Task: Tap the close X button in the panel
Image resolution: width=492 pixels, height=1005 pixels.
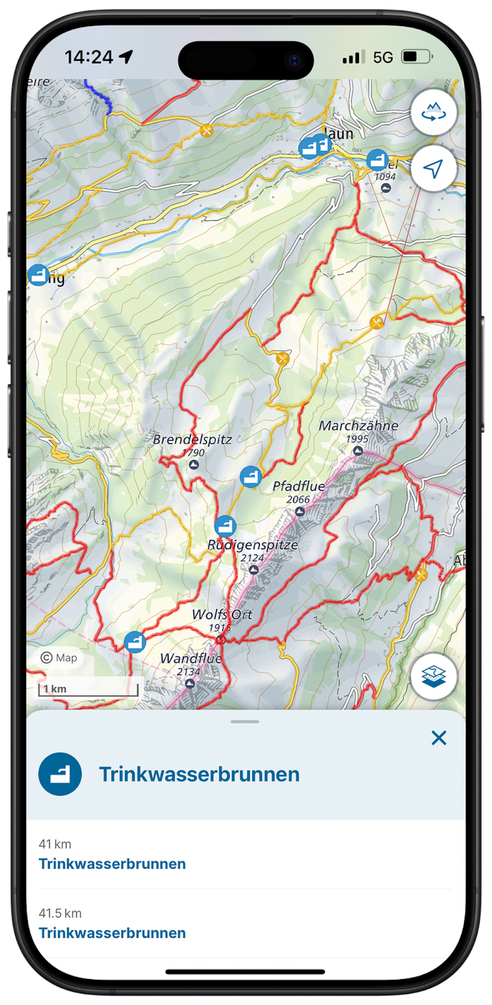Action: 439,738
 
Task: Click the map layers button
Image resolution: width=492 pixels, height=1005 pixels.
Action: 433,677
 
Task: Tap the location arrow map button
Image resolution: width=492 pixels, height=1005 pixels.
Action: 433,169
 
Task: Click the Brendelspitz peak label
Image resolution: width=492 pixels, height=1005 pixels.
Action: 192,439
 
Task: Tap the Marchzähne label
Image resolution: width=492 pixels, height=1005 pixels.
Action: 358,425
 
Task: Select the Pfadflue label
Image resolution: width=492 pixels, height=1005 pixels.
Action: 298,486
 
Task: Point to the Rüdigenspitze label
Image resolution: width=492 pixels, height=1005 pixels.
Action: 252,545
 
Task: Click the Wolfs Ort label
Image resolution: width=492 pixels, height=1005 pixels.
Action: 222,614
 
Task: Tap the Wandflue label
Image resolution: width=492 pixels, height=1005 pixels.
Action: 191,658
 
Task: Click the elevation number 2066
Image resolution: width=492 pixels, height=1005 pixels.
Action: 298,499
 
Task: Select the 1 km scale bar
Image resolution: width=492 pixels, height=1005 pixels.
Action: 88,689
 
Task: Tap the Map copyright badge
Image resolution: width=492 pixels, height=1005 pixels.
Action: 59,657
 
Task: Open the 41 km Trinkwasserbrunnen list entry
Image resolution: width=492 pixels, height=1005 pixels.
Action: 112,864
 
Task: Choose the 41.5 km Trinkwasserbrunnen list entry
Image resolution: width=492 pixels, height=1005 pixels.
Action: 112,933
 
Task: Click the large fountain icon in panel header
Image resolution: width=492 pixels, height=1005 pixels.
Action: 60,774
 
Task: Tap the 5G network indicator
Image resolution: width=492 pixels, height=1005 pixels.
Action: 383,58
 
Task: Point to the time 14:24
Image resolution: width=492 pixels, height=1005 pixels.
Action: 89,58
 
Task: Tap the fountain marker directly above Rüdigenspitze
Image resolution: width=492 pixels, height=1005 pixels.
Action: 225,526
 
